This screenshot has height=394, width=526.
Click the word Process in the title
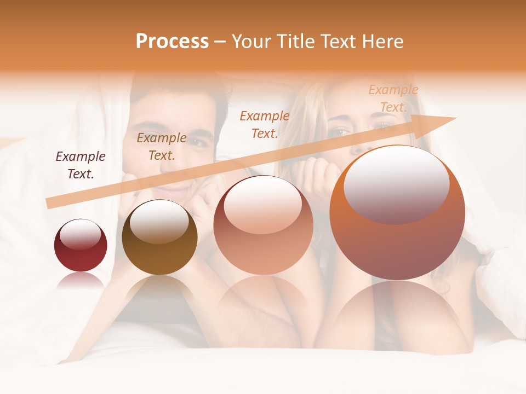click(x=172, y=42)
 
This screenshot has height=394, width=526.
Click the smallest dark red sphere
click(x=81, y=246)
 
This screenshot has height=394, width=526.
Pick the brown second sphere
click(x=159, y=238)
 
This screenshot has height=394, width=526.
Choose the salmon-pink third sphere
click(x=263, y=225)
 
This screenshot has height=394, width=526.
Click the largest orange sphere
click(x=397, y=213)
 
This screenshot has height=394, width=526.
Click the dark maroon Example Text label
click(x=81, y=165)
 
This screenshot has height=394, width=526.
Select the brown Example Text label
click(x=162, y=147)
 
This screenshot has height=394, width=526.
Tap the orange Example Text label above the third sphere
click(x=265, y=124)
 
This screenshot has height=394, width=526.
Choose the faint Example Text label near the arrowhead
click(x=393, y=99)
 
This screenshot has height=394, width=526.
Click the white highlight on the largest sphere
click(x=397, y=183)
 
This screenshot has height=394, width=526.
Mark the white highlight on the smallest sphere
click(x=80, y=234)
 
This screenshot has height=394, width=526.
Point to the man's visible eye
click(x=199, y=141)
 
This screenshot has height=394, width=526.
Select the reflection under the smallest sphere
click(x=81, y=280)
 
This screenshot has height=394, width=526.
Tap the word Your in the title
click(x=253, y=42)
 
